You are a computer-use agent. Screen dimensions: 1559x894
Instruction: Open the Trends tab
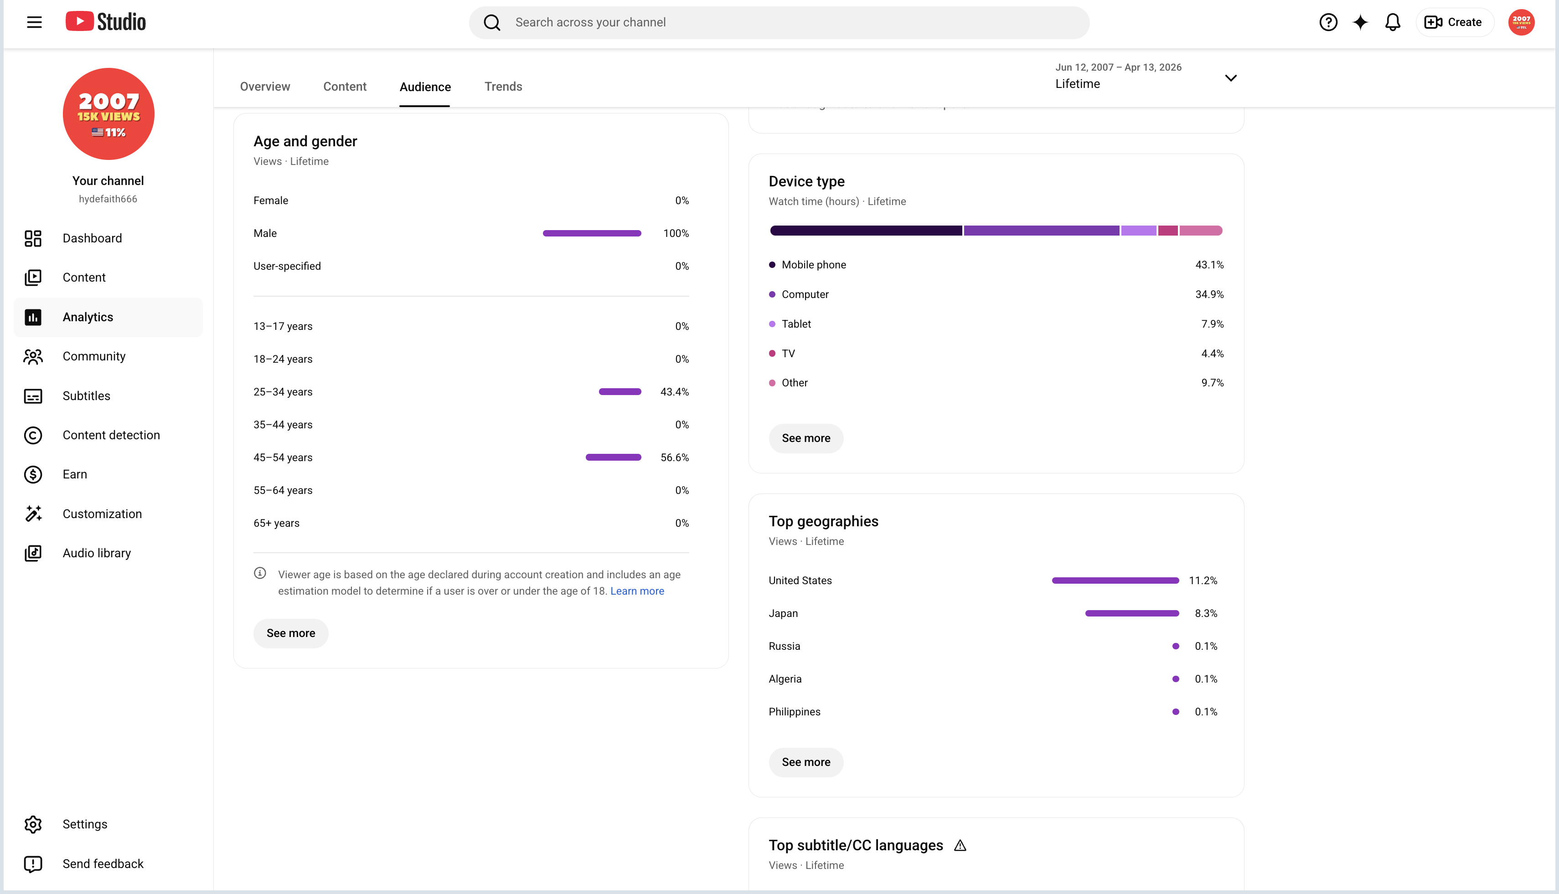pos(503,87)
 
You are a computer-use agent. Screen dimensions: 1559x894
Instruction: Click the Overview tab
pos(265,87)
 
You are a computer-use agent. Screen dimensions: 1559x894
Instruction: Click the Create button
pos(1454,23)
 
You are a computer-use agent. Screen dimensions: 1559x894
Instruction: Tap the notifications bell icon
pos(1393,23)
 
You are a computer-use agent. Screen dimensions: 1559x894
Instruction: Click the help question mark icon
pos(1328,23)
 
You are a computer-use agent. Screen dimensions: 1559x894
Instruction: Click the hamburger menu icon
pos(34,23)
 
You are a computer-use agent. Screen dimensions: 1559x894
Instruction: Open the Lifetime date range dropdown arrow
pos(1230,78)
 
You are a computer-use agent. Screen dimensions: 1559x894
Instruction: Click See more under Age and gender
pos(290,633)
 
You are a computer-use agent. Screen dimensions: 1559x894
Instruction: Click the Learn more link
pos(637,591)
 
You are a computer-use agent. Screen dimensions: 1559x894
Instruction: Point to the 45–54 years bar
pos(613,457)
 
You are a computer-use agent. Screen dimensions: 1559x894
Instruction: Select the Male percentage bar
pos(592,233)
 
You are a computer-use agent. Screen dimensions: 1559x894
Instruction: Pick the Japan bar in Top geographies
pos(1131,613)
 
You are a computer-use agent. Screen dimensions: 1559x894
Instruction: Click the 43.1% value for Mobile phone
pos(1209,265)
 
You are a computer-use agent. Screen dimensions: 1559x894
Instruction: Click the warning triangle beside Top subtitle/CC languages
pos(960,846)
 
